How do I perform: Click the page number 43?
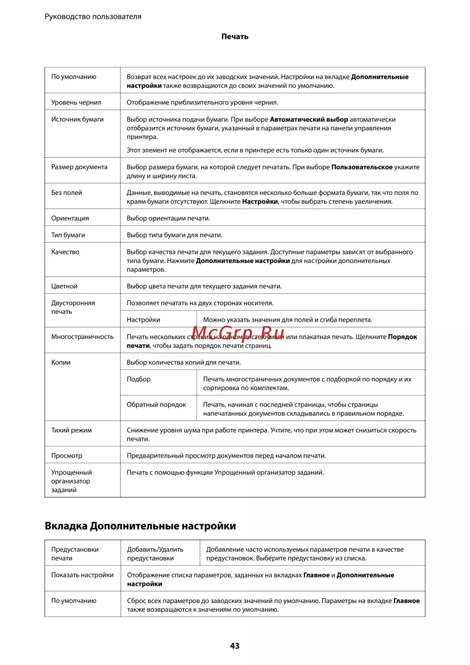[x=235, y=646]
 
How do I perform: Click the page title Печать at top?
[x=235, y=37]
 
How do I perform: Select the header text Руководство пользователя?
[x=93, y=16]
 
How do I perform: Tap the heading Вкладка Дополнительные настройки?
[x=140, y=526]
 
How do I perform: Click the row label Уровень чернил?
[x=76, y=102]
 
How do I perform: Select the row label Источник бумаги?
[x=78, y=119]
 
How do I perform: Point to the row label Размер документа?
[x=79, y=167]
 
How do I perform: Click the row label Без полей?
[x=67, y=193]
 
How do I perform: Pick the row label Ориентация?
[x=70, y=218]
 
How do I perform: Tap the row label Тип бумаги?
[x=68, y=235]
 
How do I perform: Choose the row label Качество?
[x=65, y=252]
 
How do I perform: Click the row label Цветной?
[x=64, y=286]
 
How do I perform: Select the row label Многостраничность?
[x=82, y=336]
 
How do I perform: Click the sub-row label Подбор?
[x=139, y=379]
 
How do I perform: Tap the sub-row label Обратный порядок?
[x=157, y=405]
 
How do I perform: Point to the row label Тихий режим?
[x=71, y=430]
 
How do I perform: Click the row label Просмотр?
[x=67, y=455]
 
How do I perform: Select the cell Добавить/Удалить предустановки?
[x=155, y=554]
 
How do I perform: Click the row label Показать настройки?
[x=82, y=575]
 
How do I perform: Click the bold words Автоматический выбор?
[x=309, y=119]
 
